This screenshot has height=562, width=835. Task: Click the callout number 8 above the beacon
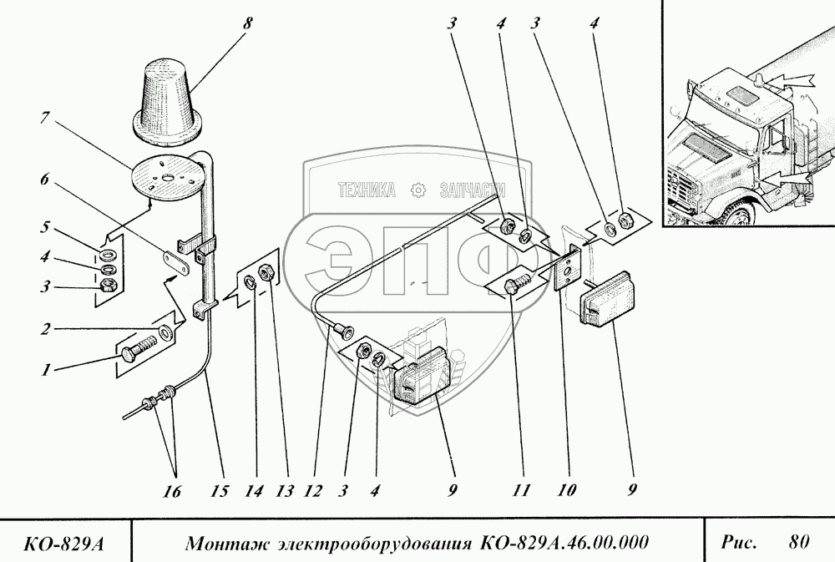246,24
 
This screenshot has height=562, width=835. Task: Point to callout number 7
45,119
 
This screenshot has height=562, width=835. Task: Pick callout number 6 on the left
44,180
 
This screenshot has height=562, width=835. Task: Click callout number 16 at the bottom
171,491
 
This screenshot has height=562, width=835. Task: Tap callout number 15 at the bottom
219,490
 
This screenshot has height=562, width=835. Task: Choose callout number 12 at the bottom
313,490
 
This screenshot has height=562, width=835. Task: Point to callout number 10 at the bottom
566,490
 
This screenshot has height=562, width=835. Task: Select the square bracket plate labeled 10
568,267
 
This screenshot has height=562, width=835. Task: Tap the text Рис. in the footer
739,543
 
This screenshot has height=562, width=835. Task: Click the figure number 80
799,542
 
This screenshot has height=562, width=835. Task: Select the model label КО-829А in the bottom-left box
64,544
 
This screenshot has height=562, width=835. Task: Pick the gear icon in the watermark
418,190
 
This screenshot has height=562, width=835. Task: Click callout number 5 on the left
45,227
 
